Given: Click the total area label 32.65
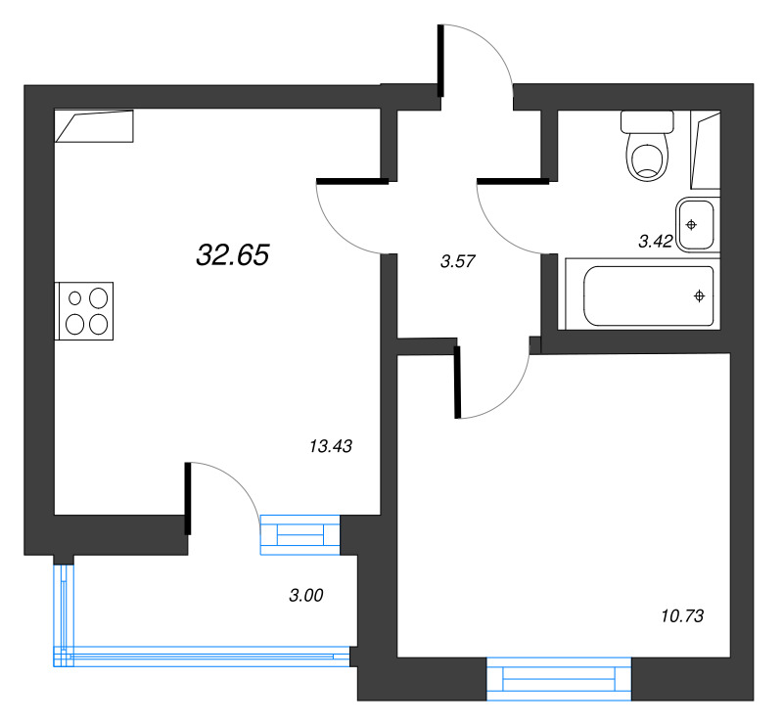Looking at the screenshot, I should click(x=232, y=255).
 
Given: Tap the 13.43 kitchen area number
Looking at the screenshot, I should click(x=329, y=446).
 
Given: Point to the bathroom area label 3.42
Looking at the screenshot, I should click(x=655, y=241).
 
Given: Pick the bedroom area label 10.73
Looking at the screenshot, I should click(x=681, y=616).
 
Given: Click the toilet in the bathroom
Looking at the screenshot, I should click(x=647, y=158).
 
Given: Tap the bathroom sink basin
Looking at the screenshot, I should click(x=693, y=225).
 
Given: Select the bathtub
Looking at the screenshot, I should click(x=649, y=296).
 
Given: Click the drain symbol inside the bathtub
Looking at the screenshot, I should click(x=699, y=295).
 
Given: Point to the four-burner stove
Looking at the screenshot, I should click(x=86, y=310).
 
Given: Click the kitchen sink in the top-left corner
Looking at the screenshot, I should click(x=95, y=127).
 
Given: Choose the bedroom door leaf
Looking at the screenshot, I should click(x=457, y=383).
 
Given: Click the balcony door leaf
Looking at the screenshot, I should click(x=187, y=499).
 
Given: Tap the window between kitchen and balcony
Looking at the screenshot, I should click(x=299, y=534).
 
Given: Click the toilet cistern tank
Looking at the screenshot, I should click(x=647, y=123).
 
